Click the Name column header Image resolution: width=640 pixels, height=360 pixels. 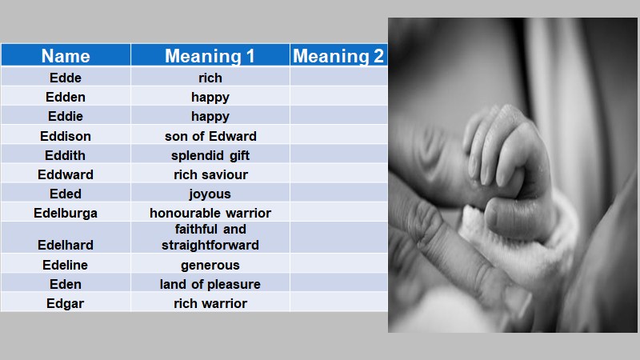(66, 56)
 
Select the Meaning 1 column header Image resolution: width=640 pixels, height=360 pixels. (210, 56)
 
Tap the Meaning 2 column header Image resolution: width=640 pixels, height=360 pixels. (338, 56)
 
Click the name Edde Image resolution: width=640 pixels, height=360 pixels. (66, 78)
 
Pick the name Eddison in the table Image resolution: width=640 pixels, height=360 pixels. (66, 136)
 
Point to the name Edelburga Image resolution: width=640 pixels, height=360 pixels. (66, 213)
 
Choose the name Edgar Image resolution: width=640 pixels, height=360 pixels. (66, 303)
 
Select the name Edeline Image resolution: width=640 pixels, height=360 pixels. (66, 265)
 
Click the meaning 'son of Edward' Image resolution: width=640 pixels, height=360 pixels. (210, 136)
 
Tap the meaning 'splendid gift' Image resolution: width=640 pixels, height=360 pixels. (210, 155)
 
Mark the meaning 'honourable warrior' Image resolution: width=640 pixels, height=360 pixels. (210, 213)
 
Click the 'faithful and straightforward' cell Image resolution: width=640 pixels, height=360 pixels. (210, 237)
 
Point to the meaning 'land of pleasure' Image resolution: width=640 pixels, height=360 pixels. (210, 284)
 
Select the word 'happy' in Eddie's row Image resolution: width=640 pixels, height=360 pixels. (210, 116)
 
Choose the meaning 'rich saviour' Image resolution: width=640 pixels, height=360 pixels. (210, 174)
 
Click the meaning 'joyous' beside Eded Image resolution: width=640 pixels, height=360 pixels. (210, 194)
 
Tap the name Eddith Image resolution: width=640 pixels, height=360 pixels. (66, 155)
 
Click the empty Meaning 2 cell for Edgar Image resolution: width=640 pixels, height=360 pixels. (338, 303)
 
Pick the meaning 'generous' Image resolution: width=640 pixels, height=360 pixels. (210, 265)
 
